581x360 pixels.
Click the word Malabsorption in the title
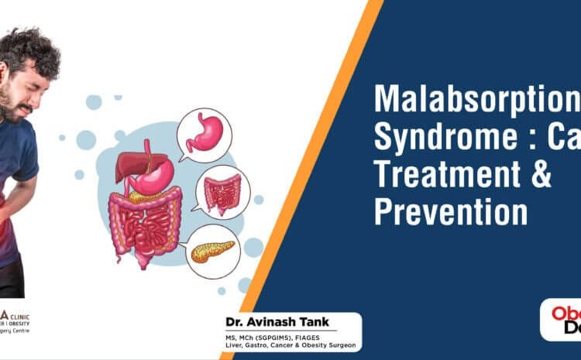point(476,100)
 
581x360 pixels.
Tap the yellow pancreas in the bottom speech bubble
point(213,252)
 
